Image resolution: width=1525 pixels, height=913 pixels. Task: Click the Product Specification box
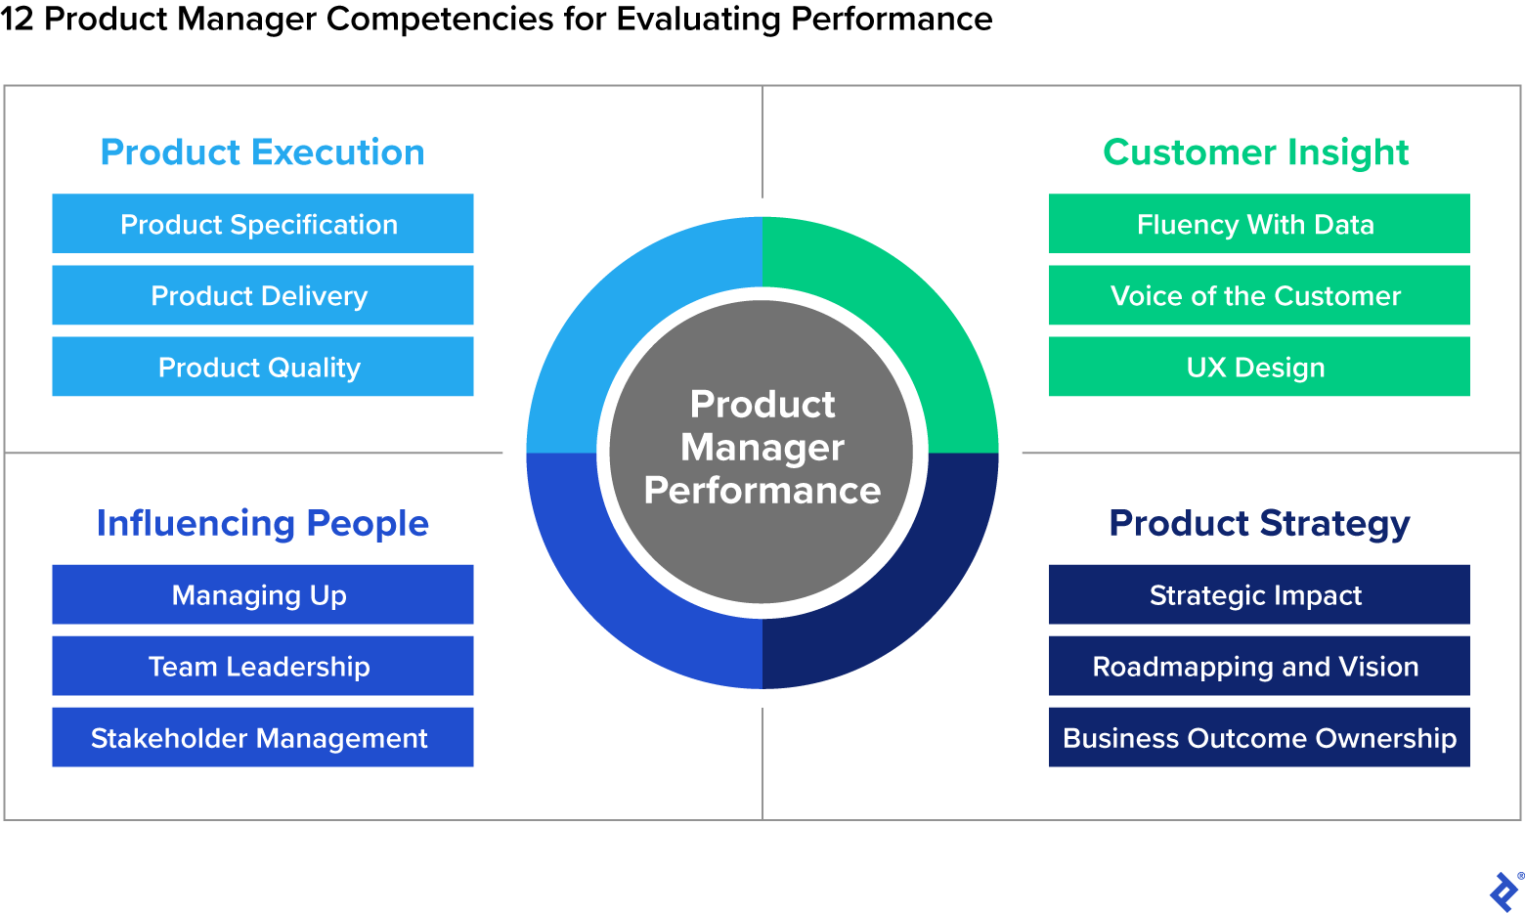(262, 224)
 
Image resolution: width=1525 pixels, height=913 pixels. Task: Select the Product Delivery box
(262, 295)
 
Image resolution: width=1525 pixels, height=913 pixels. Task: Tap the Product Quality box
(262, 367)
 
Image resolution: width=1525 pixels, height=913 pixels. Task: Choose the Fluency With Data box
(1259, 224)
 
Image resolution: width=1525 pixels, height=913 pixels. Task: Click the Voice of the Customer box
(1259, 295)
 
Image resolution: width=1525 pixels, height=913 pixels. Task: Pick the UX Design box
(1259, 367)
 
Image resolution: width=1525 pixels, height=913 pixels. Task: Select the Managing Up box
(262, 594)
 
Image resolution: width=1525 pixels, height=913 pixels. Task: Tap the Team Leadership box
(262, 666)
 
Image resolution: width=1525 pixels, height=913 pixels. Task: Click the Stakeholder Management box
(262, 737)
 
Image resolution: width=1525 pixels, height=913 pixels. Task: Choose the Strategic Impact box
(1259, 594)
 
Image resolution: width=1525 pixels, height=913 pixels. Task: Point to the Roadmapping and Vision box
(1259, 666)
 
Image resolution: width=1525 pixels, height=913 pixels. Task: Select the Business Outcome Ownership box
(1259, 737)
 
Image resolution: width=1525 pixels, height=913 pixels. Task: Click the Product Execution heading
(262, 152)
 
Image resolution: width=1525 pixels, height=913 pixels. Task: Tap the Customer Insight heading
(1255, 152)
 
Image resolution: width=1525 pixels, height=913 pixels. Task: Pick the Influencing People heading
(262, 524)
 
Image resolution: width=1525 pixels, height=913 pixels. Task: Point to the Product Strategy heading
(1259, 524)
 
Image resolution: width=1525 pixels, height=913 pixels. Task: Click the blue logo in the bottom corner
(1503, 891)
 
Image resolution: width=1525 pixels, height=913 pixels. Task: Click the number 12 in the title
(17, 19)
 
